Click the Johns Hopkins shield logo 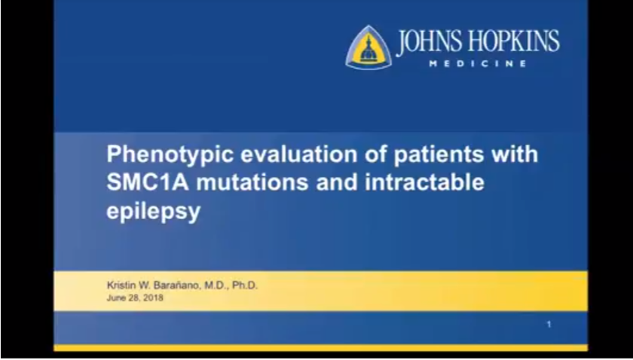[368, 47]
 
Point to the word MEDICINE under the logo [478, 64]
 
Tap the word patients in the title [439, 154]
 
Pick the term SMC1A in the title [148, 182]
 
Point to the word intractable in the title [425, 182]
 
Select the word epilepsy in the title [154, 212]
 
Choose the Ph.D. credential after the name [245, 285]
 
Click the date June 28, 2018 [135, 297]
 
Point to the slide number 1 [549, 324]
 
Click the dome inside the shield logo [368, 50]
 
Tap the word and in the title [338, 182]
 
